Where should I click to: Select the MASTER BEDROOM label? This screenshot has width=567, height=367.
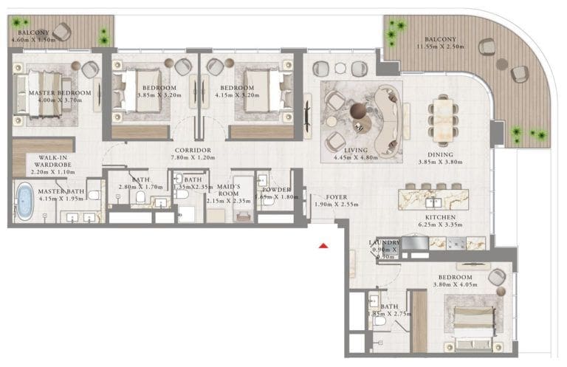[60, 93]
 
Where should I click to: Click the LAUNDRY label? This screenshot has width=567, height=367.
[384, 242]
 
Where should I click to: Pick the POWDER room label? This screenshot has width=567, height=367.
[276, 189]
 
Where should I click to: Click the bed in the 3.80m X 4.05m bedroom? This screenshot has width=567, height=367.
[470, 321]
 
